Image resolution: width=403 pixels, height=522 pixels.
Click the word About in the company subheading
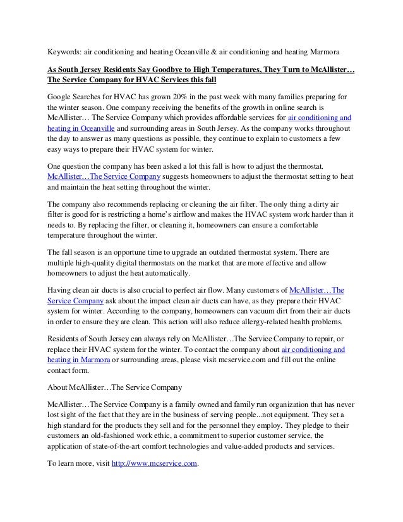click(60, 386)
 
